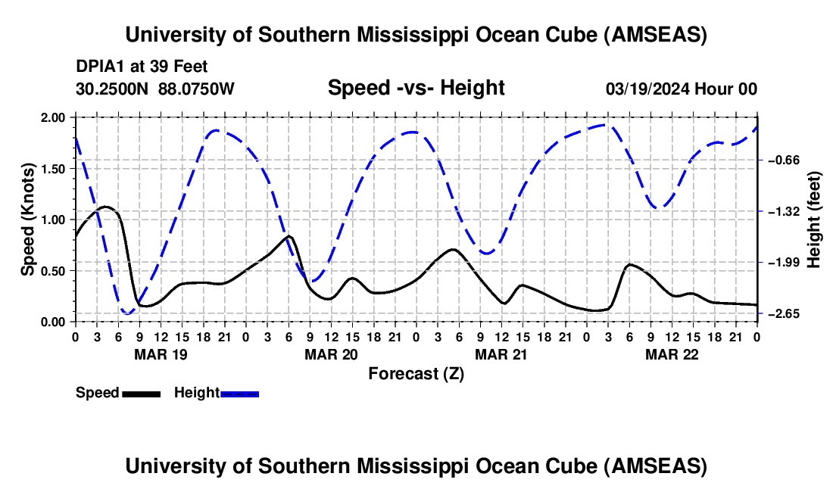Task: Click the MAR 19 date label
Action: (x=161, y=354)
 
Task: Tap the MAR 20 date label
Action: (x=332, y=354)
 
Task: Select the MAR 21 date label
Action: (x=501, y=354)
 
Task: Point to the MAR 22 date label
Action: (x=672, y=354)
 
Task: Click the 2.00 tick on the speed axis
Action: (x=52, y=118)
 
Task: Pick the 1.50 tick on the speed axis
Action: (x=52, y=169)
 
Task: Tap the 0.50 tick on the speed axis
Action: (x=52, y=271)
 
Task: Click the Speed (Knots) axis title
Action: (x=27, y=220)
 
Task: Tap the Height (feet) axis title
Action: (x=813, y=220)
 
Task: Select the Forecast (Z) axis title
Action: (x=416, y=374)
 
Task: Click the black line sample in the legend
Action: (x=142, y=394)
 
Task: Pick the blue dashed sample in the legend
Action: (x=239, y=394)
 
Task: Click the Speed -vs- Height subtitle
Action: (x=416, y=88)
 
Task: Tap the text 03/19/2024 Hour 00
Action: (x=682, y=89)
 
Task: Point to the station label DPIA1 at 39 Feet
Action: (x=142, y=67)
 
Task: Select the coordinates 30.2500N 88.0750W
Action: (x=155, y=89)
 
